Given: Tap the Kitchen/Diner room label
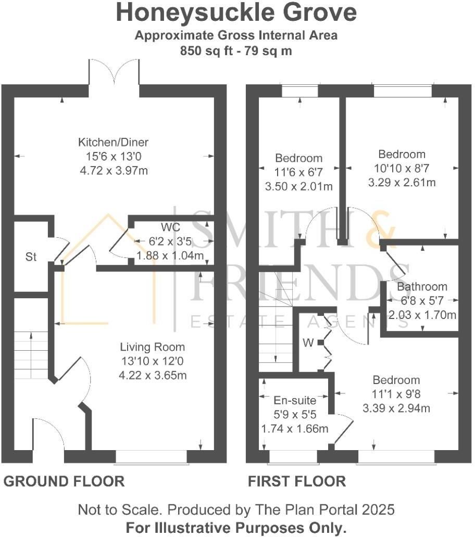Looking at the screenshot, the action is coord(114,142).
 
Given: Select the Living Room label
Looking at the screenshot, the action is coord(153,347).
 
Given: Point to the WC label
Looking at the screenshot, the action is coord(170,227).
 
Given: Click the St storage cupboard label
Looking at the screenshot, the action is coord(31,257).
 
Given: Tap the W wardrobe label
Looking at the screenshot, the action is coord(308,342).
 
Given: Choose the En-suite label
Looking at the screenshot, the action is coord(295,400).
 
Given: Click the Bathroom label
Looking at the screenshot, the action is coord(422,287).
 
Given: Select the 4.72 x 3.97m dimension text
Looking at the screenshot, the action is coord(114,171).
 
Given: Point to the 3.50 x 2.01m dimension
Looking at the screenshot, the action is coord(299,187).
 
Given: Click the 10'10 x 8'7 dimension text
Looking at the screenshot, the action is coord(402,169).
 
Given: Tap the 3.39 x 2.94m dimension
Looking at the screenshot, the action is coord(396,408).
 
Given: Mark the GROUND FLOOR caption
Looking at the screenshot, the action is coord(64,481).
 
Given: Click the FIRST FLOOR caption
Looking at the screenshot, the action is coord(297,481).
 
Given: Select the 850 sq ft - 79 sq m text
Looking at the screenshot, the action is coord(236,51).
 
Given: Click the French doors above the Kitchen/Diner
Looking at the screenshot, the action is coord(114,73).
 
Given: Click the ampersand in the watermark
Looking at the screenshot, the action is coord(380,229).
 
